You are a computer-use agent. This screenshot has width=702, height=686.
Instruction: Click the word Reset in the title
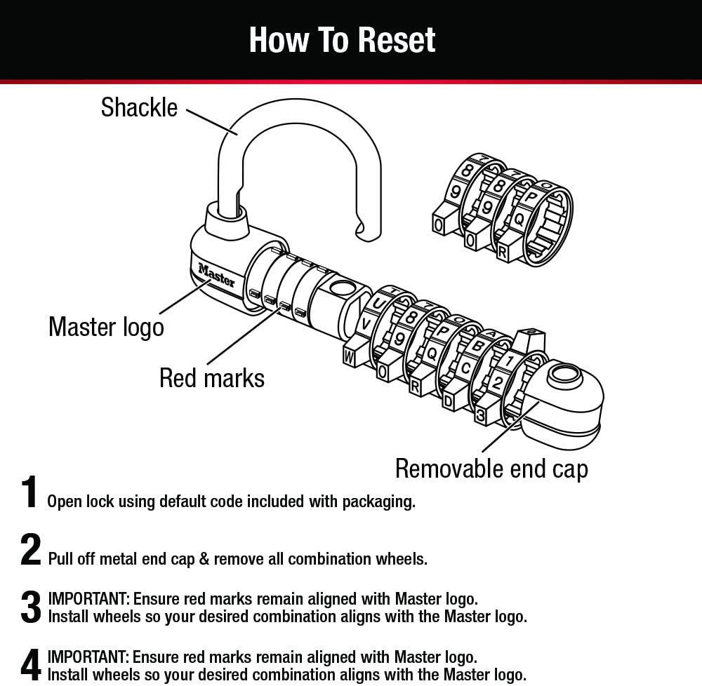397,40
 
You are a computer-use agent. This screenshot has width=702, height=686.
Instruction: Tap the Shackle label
139,108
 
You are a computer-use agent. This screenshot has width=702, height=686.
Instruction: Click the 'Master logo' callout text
106,328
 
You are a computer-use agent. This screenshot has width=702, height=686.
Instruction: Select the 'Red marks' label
212,378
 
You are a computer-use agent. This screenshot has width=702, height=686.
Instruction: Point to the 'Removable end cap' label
491,469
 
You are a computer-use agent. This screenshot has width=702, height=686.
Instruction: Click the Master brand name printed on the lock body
217,276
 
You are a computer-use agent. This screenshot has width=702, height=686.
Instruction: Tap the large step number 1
29,492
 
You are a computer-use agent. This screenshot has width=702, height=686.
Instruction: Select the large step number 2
30,550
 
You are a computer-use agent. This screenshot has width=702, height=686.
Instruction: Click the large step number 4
30,664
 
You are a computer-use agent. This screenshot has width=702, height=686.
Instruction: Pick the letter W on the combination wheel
349,358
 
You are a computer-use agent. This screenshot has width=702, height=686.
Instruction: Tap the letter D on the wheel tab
448,401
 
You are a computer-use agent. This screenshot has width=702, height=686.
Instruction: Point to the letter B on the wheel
477,346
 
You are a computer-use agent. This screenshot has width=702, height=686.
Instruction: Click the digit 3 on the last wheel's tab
480,415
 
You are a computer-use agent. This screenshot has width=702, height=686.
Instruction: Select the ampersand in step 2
204,559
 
